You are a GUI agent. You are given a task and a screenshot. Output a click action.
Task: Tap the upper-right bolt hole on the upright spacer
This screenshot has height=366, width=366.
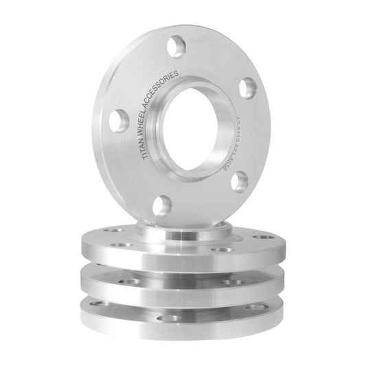(248, 87)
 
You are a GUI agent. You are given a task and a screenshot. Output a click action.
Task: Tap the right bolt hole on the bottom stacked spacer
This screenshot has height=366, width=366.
(256, 307)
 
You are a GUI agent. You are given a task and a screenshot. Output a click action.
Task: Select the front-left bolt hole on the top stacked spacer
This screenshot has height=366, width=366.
(122, 244)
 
